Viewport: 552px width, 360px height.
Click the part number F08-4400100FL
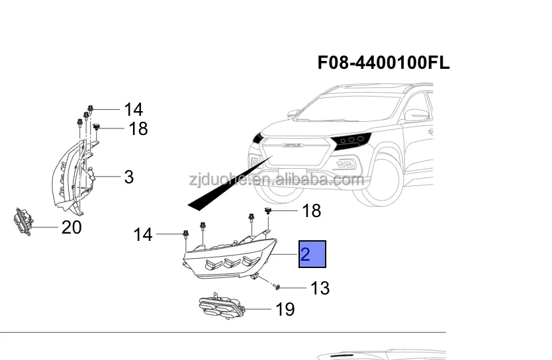click(384, 63)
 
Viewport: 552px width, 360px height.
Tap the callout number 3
click(128, 177)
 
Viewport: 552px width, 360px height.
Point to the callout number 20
click(71, 228)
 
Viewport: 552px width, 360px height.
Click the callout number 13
click(320, 288)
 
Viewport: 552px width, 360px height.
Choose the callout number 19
click(285, 309)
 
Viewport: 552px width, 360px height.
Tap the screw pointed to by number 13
click(277, 287)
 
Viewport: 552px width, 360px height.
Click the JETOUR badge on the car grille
click(290, 144)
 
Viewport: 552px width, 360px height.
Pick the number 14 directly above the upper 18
click(133, 109)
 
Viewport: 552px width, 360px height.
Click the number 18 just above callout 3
click(138, 128)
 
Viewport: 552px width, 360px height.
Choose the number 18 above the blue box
click(311, 210)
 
